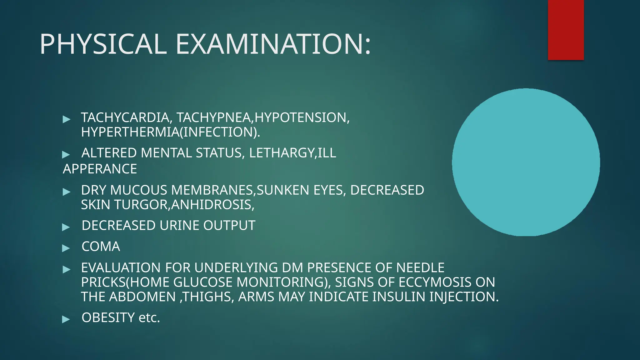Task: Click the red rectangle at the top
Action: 566,30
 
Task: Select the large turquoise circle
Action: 526,162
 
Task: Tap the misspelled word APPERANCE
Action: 100,169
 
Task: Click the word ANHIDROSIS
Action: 212,205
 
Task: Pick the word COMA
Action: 101,247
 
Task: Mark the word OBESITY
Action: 108,318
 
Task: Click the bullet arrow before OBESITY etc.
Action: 66,319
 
